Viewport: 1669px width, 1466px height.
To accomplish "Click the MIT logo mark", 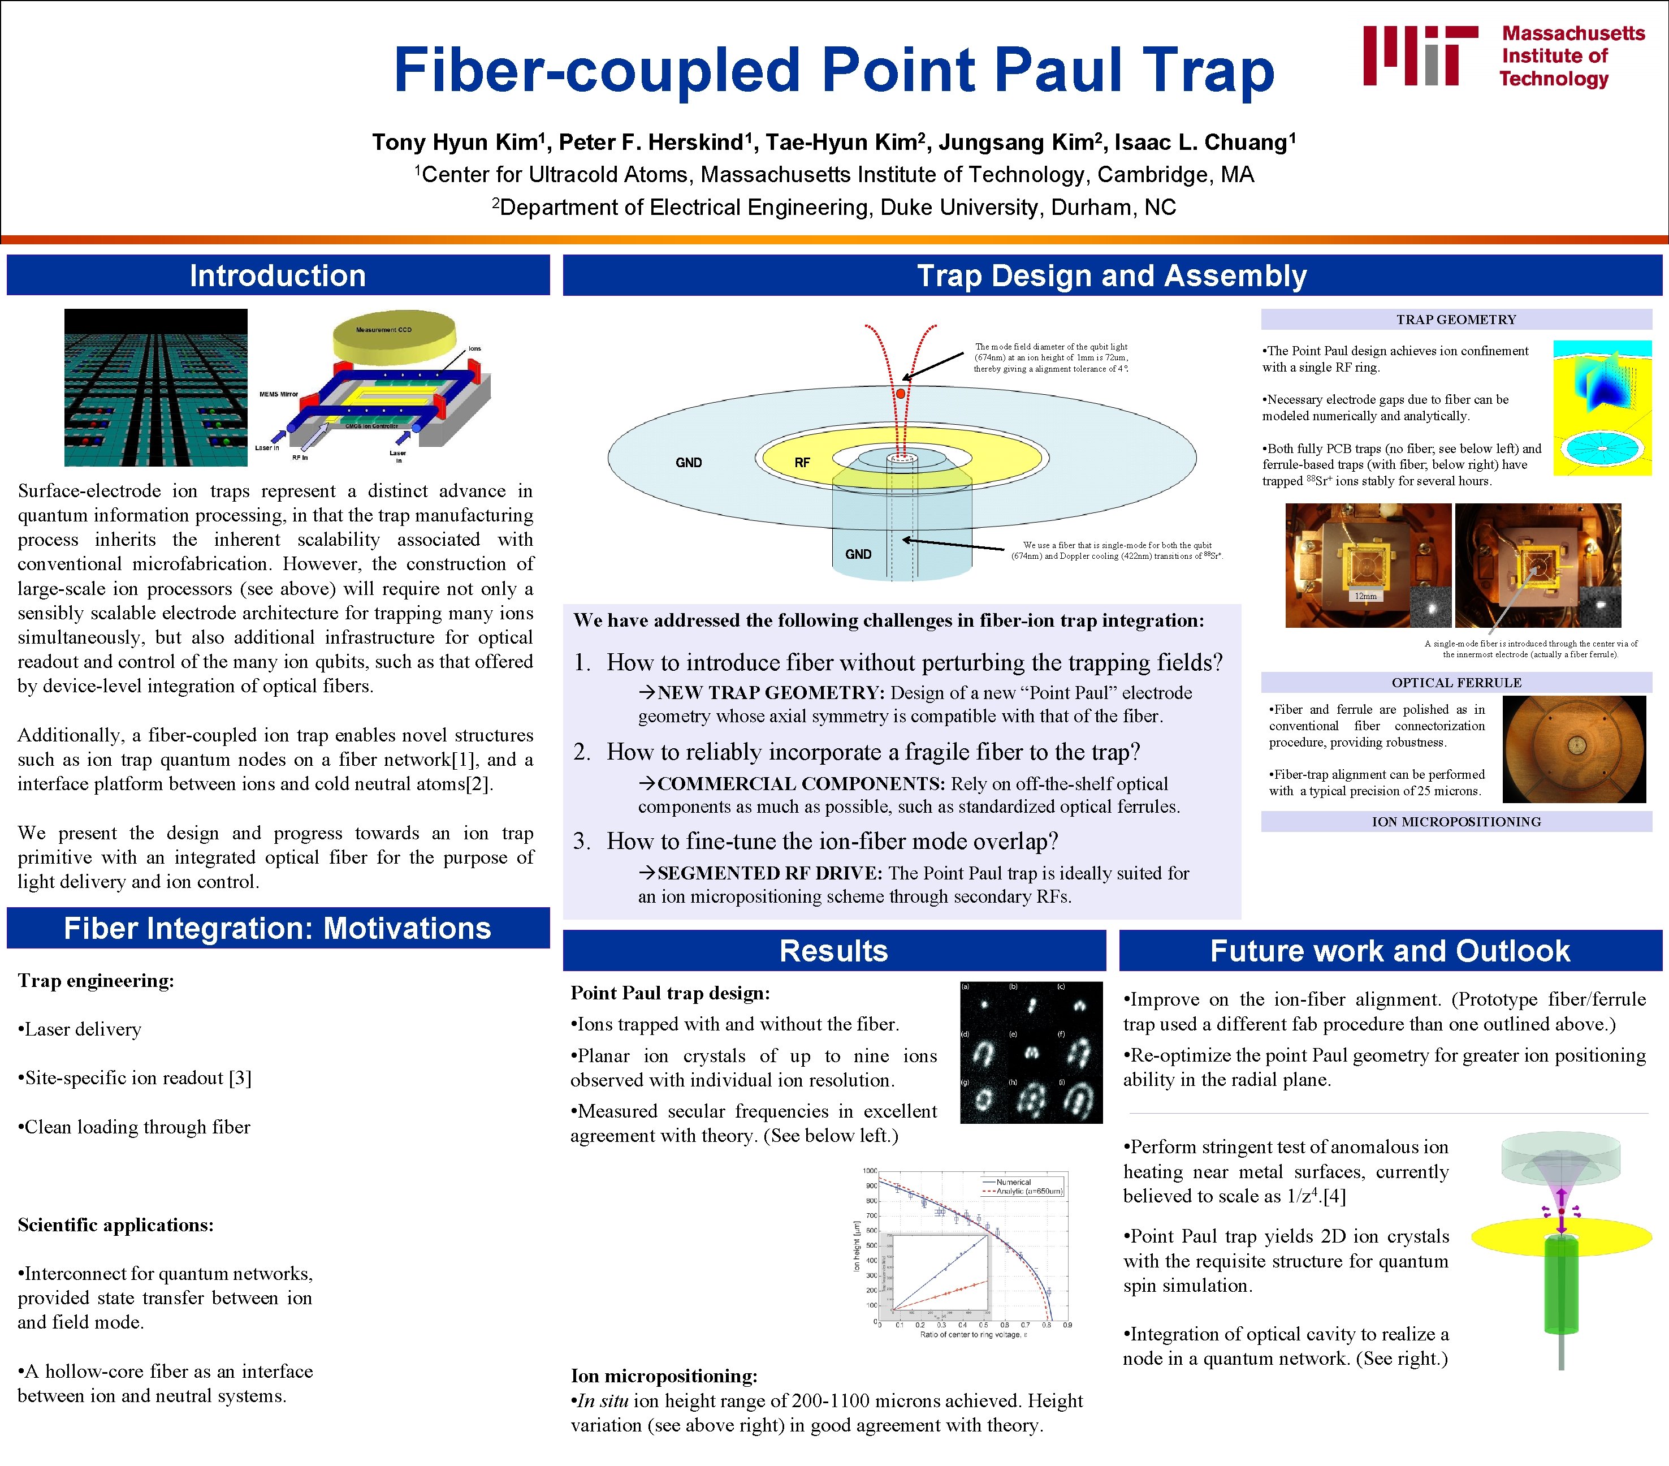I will [1420, 55].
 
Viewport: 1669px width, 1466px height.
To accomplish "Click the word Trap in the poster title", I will [1208, 70].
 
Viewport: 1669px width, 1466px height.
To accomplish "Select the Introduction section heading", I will [278, 276].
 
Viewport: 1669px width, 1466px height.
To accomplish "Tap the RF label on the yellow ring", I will [802, 462].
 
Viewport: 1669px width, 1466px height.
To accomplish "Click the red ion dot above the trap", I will [901, 394].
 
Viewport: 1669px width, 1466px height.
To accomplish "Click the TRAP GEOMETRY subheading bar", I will [1456, 320].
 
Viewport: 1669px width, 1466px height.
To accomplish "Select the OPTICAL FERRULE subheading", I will [1456, 682].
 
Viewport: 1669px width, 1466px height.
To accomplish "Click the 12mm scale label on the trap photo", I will [1365, 596].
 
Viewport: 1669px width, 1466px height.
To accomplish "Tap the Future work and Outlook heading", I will [1390, 951].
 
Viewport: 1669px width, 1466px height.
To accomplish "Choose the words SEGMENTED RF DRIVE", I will [769, 873].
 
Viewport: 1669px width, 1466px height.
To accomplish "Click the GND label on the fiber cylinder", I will [858, 554].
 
